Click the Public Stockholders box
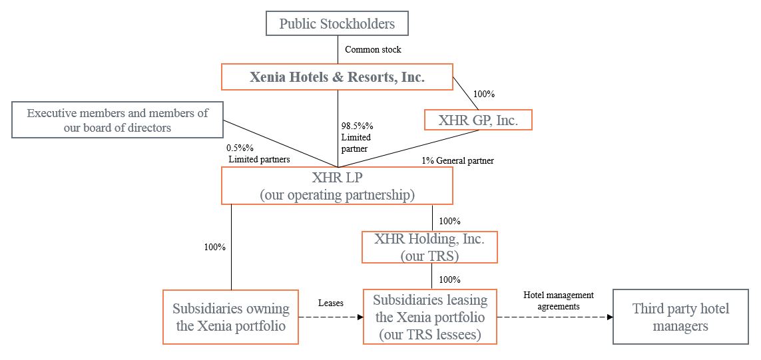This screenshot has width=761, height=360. pos(337,24)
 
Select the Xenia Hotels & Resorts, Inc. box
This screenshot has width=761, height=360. pos(337,77)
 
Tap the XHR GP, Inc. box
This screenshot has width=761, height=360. pos(479,120)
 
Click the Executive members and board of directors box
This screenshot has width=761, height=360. pos(117,120)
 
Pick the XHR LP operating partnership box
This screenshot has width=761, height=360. pos(337,186)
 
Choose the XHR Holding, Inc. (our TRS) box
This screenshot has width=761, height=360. pos(429,247)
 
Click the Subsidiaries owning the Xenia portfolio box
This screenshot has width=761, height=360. pos(230,317)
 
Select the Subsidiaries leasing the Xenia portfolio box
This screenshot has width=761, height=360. pos(429,317)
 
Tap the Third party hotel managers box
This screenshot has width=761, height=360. pos(680,317)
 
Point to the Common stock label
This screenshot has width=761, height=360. pos(373,50)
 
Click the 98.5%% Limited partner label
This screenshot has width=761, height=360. pos(356,137)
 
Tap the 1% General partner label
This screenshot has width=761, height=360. pos(457,160)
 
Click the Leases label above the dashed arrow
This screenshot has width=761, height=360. pos(330,303)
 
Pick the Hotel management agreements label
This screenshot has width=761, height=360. pos(558,301)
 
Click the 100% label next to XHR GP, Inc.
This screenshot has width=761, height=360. pos(483,94)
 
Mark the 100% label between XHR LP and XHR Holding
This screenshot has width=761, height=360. pos(450,221)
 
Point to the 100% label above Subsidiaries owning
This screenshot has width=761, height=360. pos(214,247)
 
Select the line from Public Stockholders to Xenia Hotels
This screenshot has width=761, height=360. pos(338,49)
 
